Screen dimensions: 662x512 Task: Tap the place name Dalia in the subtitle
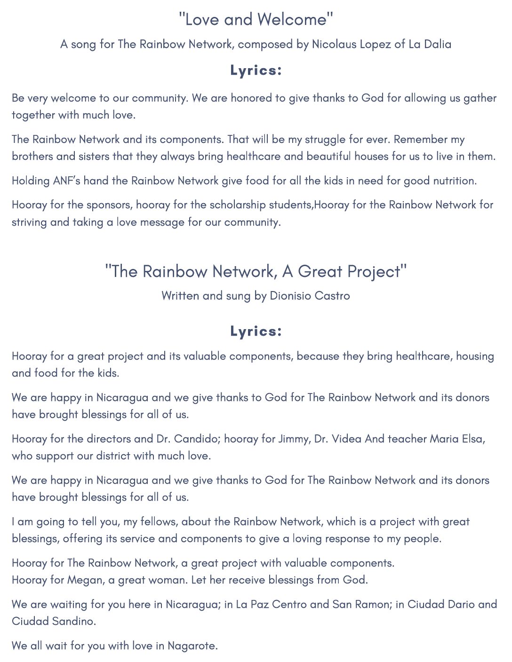[438, 44]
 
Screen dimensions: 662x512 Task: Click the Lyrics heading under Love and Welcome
[256, 70]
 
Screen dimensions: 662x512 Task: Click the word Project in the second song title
[374, 272]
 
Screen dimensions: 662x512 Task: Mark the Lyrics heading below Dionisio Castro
[256, 331]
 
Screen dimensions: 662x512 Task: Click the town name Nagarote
[192, 646]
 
